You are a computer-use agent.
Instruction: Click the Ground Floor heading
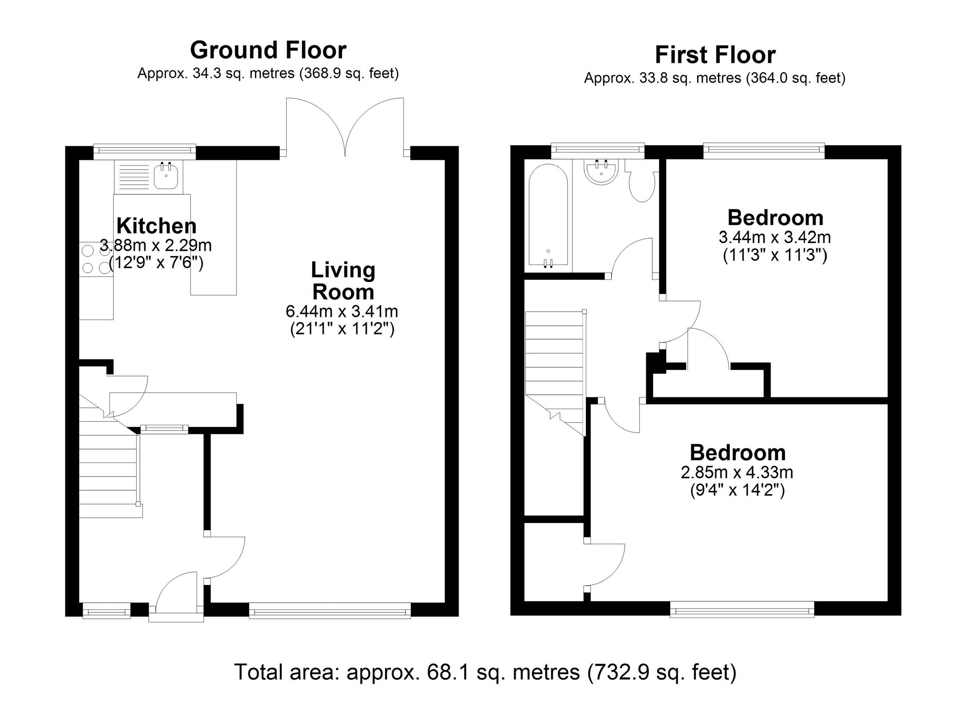click(268, 50)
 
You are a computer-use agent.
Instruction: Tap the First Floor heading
click(715, 55)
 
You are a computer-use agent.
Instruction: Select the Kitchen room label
click(156, 226)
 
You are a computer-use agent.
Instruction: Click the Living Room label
click(343, 281)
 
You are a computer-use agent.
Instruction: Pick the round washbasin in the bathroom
click(600, 171)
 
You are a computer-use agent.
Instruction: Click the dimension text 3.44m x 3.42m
click(775, 237)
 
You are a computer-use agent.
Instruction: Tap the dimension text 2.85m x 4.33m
click(737, 472)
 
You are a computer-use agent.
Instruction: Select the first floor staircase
click(554, 365)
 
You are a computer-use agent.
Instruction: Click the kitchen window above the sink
click(145, 150)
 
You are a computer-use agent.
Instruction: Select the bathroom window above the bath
click(598, 149)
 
